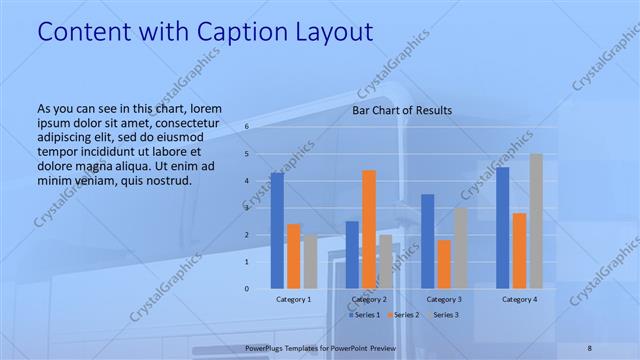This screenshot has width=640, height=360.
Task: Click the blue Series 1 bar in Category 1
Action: coord(277,230)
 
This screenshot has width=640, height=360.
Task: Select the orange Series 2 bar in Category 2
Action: coord(369,229)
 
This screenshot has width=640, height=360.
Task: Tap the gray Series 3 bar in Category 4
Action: coord(536,221)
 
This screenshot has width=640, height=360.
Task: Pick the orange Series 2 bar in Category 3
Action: coord(444,264)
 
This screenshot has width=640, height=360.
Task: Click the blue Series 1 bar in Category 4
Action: coord(502,227)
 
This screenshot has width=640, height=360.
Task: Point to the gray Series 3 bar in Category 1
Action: coord(310,262)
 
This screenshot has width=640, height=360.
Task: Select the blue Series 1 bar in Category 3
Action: coord(427,241)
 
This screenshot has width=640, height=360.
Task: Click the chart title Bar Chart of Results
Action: coord(402,110)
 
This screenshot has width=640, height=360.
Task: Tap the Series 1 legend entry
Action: coord(365,315)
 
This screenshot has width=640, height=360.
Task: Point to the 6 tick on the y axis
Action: coord(246,127)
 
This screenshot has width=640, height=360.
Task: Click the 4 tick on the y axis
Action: coord(246,181)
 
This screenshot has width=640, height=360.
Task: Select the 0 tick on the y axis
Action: coord(246,289)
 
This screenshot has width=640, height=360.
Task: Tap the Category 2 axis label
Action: coord(369,299)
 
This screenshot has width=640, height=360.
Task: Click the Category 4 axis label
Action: coord(519,299)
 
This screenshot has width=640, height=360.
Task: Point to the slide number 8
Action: coord(590,347)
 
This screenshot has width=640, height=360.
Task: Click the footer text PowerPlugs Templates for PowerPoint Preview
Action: coord(320,347)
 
